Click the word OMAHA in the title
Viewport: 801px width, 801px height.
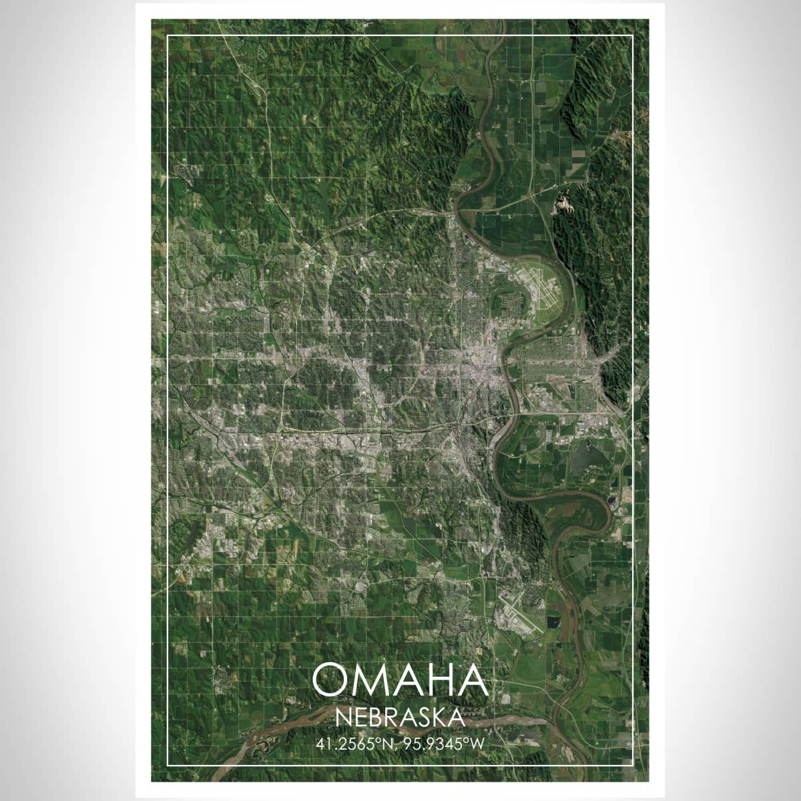400,680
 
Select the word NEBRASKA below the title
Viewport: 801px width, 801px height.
400,718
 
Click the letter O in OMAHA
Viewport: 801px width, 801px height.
332,680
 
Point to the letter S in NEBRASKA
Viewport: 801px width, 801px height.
423,718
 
